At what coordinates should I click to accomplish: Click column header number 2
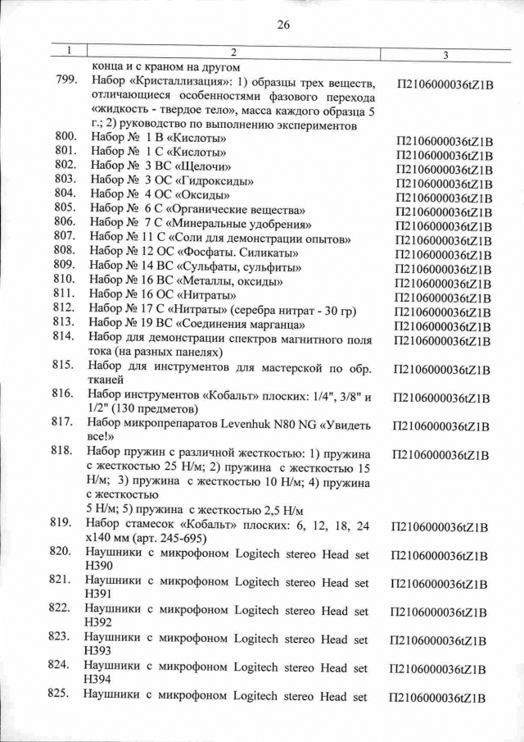click(x=222, y=52)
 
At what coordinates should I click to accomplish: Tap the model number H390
click(x=97, y=568)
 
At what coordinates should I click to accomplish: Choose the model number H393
click(x=97, y=651)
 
